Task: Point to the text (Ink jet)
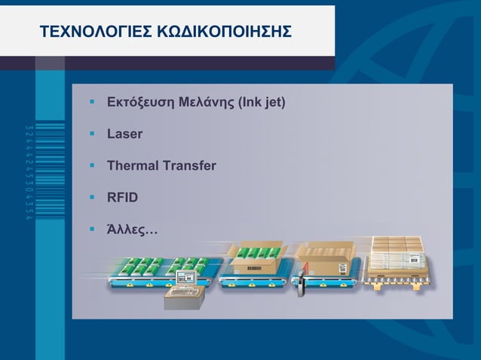point(262,102)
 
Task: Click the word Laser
point(124,135)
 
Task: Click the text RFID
point(122,197)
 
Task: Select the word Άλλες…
point(133,228)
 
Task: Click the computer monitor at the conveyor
point(185,279)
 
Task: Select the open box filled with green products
point(259,259)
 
